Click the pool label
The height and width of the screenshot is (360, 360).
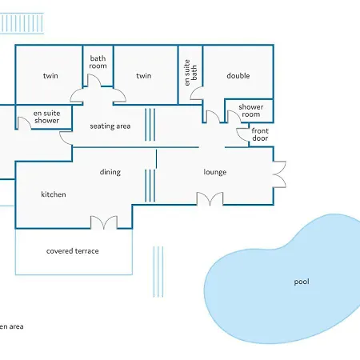click(302, 282)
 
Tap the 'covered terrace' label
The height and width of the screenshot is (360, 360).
click(73, 251)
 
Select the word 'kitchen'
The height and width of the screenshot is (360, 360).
click(54, 194)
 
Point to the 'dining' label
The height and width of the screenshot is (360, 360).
click(110, 172)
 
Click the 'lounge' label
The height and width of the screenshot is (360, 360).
click(215, 172)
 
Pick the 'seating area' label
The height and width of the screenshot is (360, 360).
click(110, 126)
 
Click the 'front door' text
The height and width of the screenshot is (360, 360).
click(260, 134)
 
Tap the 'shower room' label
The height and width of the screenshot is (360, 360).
click(251, 110)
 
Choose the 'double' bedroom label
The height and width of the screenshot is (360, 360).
click(238, 76)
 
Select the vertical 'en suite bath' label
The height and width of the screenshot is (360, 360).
click(190, 73)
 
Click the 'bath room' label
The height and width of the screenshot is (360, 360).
click(98, 62)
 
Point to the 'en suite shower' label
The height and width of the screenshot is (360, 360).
click(46, 117)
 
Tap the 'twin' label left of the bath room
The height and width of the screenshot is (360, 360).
click(50, 76)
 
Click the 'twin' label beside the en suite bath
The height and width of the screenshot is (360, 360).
click(144, 76)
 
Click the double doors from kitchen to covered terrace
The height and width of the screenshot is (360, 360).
click(104, 222)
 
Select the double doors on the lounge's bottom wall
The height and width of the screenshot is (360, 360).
click(210, 198)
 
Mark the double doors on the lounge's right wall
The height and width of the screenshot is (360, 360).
click(279, 174)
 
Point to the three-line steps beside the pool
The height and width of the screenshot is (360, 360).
click(158, 271)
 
